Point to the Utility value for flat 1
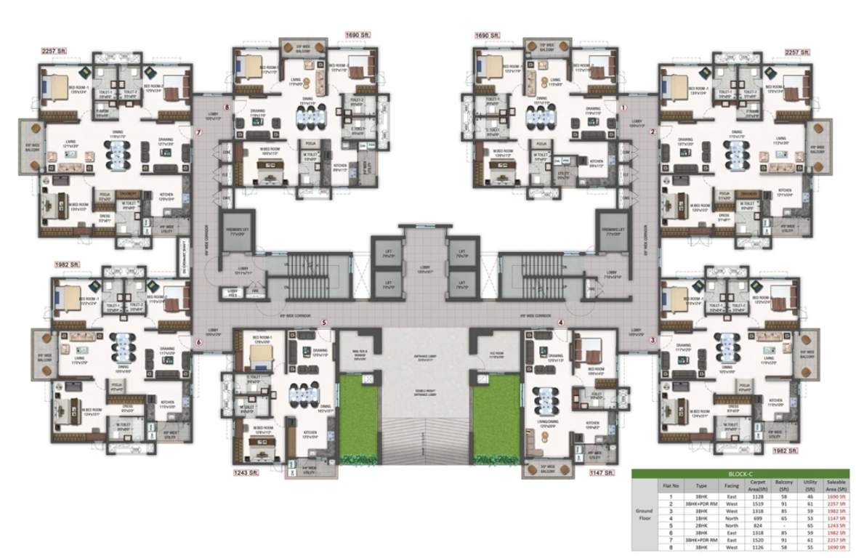click(808, 496)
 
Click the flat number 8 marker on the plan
click(227, 108)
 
